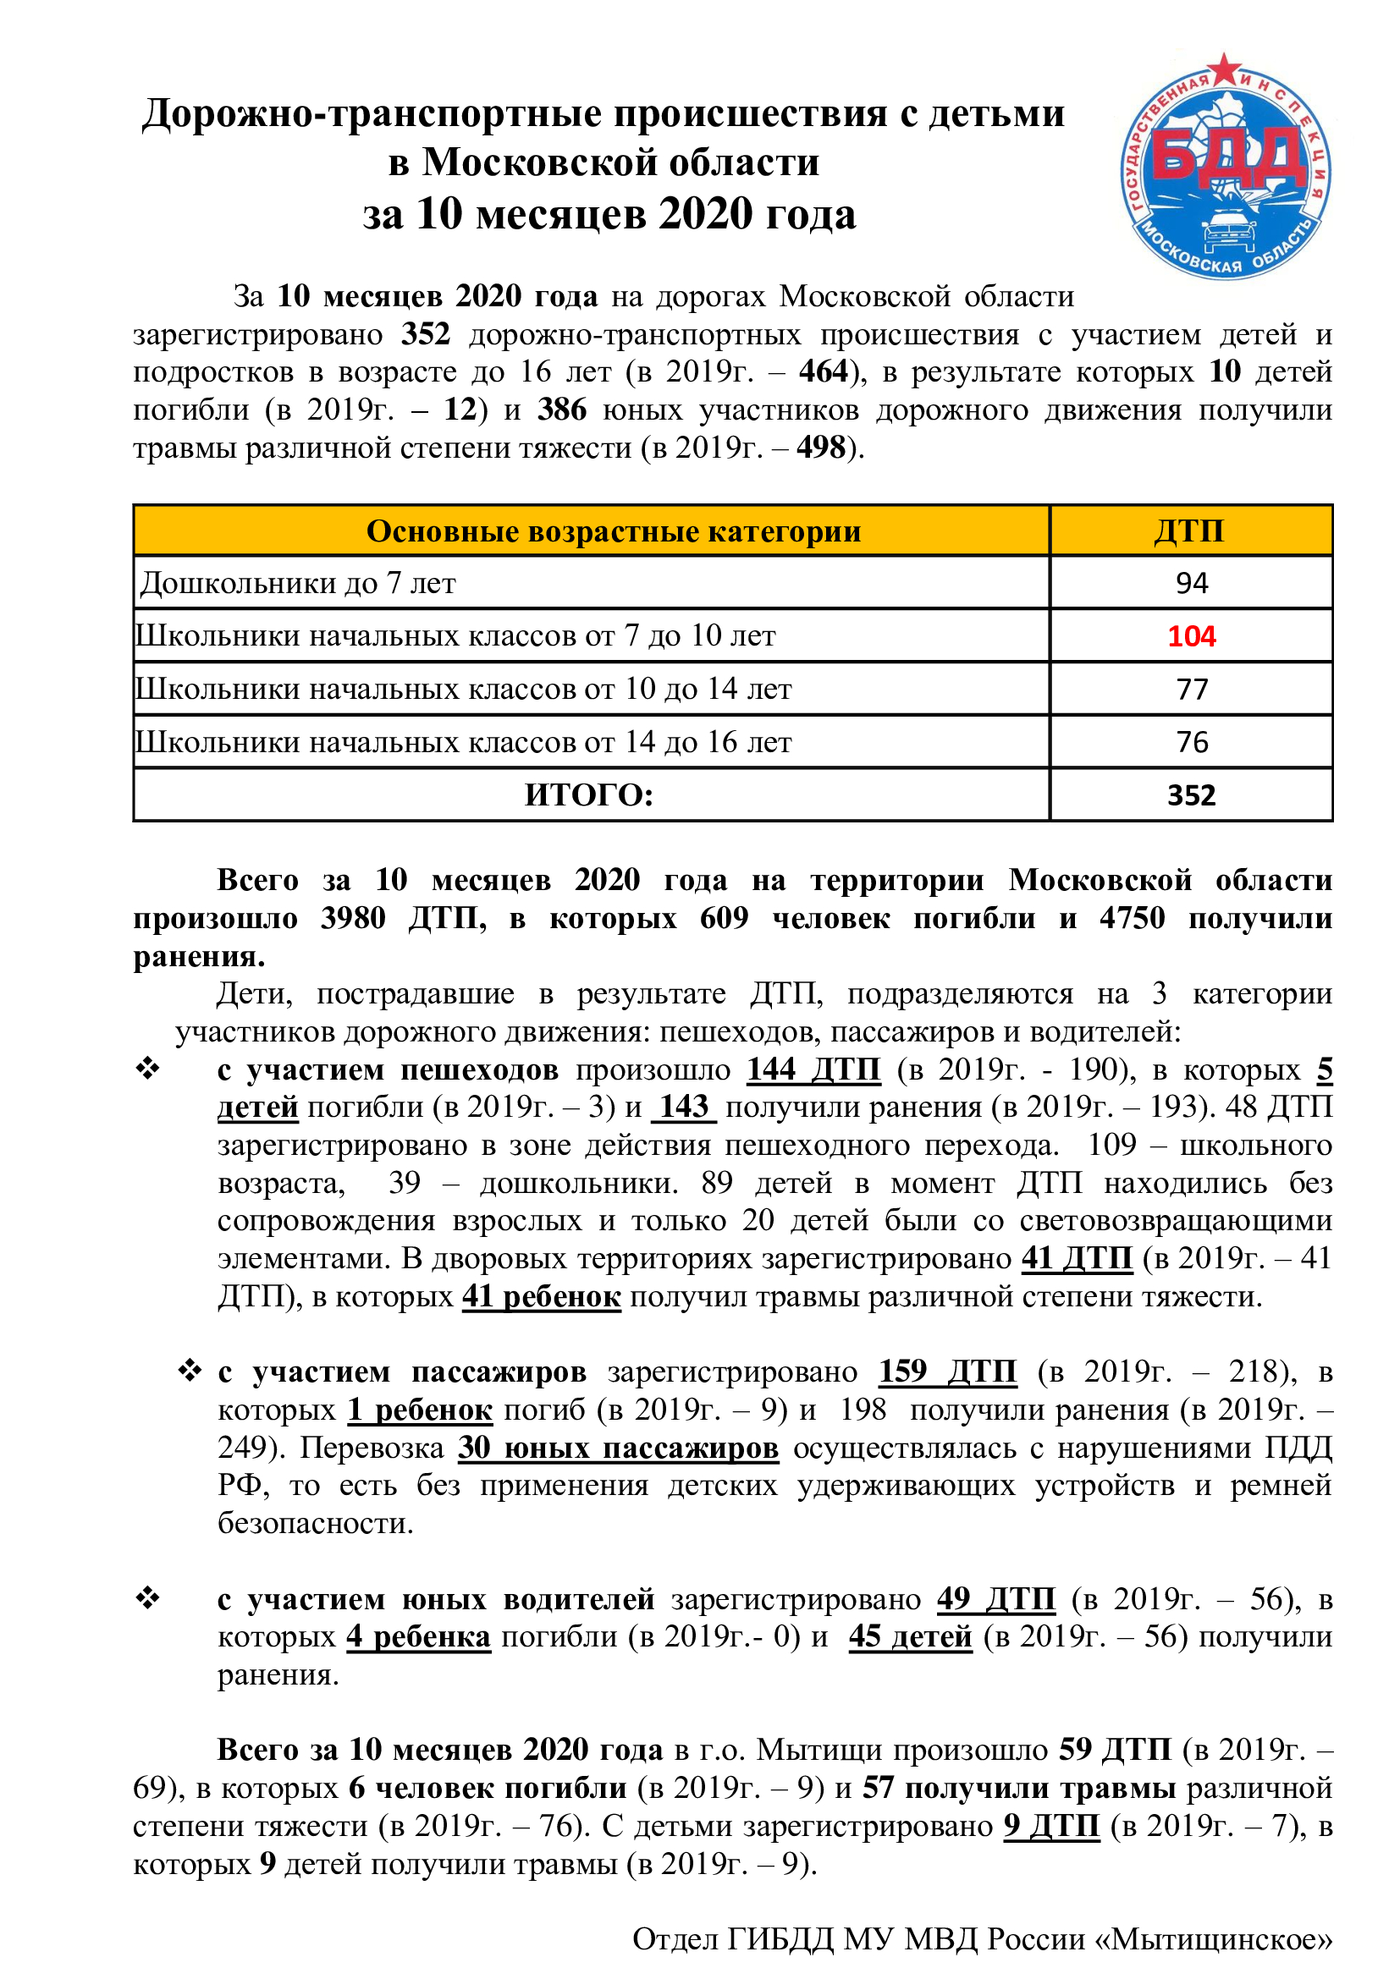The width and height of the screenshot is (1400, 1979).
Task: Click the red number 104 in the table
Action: pyautogui.click(x=1191, y=636)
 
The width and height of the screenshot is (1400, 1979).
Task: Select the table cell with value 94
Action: pyautogui.click(x=1192, y=584)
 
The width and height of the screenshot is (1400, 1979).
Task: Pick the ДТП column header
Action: pyautogui.click(x=1189, y=531)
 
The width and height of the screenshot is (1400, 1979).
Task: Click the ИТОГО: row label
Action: pyautogui.click(x=590, y=794)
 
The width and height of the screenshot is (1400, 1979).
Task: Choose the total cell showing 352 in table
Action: pyautogui.click(x=1191, y=794)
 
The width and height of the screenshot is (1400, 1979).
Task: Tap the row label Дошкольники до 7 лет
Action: pyautogui.click(x=297, y=584)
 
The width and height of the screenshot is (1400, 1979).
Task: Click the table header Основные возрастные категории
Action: pyautogui.click(x=613, y=532)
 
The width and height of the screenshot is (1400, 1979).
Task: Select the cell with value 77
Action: pyautogui.click(x=1192, y=690)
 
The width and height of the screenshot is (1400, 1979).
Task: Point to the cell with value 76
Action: pyautogui.click(x=1192, y=742)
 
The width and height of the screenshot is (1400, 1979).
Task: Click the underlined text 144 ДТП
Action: pyautogui.click(x=813, y=1069)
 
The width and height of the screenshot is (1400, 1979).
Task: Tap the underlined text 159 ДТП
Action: pyautogui.click(x=947, y=1372)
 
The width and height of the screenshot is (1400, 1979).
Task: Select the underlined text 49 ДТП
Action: pyautogui.click(x=995, y=1599)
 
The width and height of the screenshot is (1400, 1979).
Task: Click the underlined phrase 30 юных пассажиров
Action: pyautogui.click(x=617, y=1447)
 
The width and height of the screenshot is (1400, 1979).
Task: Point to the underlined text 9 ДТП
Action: pyautogui.click(x=1051, y=1827)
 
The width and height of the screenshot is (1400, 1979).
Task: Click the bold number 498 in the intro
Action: pyautogui.click(x=821, y=448)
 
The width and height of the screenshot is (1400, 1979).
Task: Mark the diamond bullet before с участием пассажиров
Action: pyautogui.click(x=190, y=1371)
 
